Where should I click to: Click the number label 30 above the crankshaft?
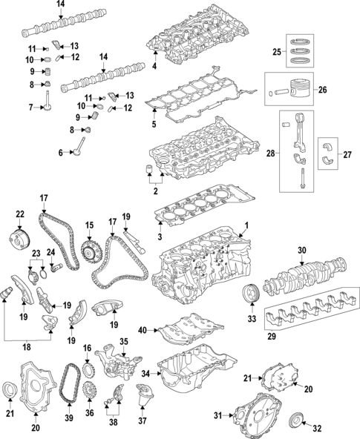(x=301, y=251)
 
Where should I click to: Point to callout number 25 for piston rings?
(x=276, y=52)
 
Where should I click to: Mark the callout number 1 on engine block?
(x=247, y=225)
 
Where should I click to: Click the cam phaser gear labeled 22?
(x=20, y=241)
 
